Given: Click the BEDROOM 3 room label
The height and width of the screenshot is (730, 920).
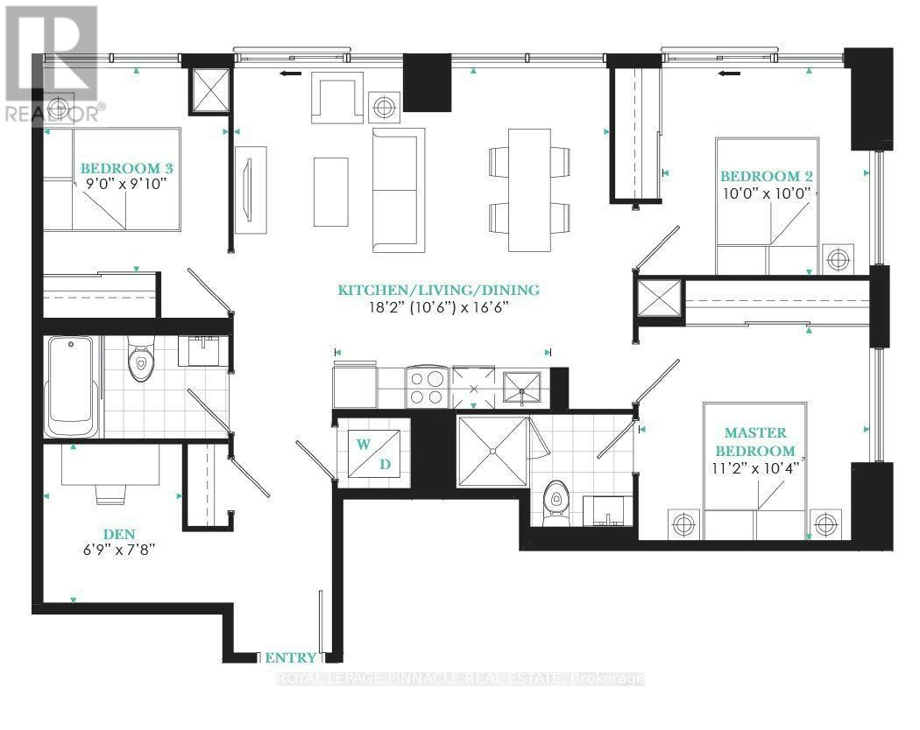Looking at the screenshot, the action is (x=127, y=168).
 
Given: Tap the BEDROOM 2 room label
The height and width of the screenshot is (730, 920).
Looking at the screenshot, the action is (x=767, y=176).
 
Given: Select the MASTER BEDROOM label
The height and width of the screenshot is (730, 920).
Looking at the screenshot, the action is (x=755, y=441).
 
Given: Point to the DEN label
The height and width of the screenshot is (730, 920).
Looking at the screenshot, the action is (x=119, y=534).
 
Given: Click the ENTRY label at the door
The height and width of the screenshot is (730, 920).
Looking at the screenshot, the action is (x=290, y=658).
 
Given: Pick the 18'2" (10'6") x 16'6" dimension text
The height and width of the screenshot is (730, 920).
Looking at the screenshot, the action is (x=438, y=306).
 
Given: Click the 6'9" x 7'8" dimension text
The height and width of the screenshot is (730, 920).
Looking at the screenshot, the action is (x=119, y=550).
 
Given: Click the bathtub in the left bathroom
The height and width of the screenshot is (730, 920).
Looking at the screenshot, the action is (x=72, y=386).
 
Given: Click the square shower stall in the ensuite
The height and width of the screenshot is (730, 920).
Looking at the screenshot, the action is (x=492, y=451).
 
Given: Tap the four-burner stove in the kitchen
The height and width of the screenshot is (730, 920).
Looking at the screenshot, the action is (x=428, y=387).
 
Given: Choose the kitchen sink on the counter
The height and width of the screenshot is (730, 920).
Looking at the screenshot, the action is (x=521, y=388).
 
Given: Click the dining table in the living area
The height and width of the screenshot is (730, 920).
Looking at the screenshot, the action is (x=529, y=190).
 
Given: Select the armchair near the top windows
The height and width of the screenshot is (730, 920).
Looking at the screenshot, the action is (x=337, y=98).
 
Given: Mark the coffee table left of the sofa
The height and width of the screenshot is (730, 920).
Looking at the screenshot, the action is (x=331, y=191).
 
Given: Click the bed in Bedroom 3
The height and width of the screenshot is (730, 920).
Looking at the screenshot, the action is (x=111, y=179).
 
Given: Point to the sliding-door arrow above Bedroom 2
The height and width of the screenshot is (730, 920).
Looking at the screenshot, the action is (x=729, y=74).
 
